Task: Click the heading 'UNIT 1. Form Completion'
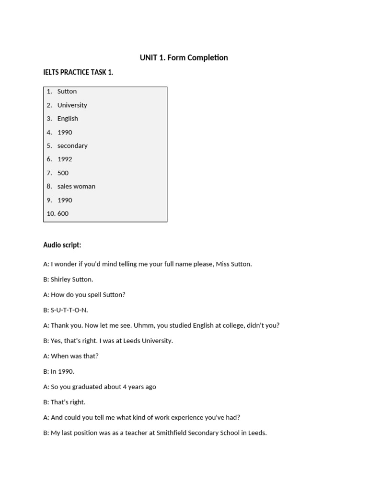[x=184, y=58]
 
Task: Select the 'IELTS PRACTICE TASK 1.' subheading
[x=78, y=72]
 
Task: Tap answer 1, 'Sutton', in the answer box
[x=67, y=91]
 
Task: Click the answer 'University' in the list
[x=72, y=105]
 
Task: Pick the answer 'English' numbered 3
[x=68, y=119]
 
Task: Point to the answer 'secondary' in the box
[x=72, y=145]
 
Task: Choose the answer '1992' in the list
[x=65, y=159]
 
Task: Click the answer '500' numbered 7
[x=63, y=173]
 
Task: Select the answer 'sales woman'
[x=76, y=186]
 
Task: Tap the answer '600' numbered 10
[x=63, y=213]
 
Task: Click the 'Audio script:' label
[x=62, y=245]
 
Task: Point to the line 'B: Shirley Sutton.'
[x=68, y=279]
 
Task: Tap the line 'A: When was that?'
[x=71, y=356]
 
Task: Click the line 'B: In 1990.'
[x=59, y=371]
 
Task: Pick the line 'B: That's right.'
[x=64, y=402]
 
